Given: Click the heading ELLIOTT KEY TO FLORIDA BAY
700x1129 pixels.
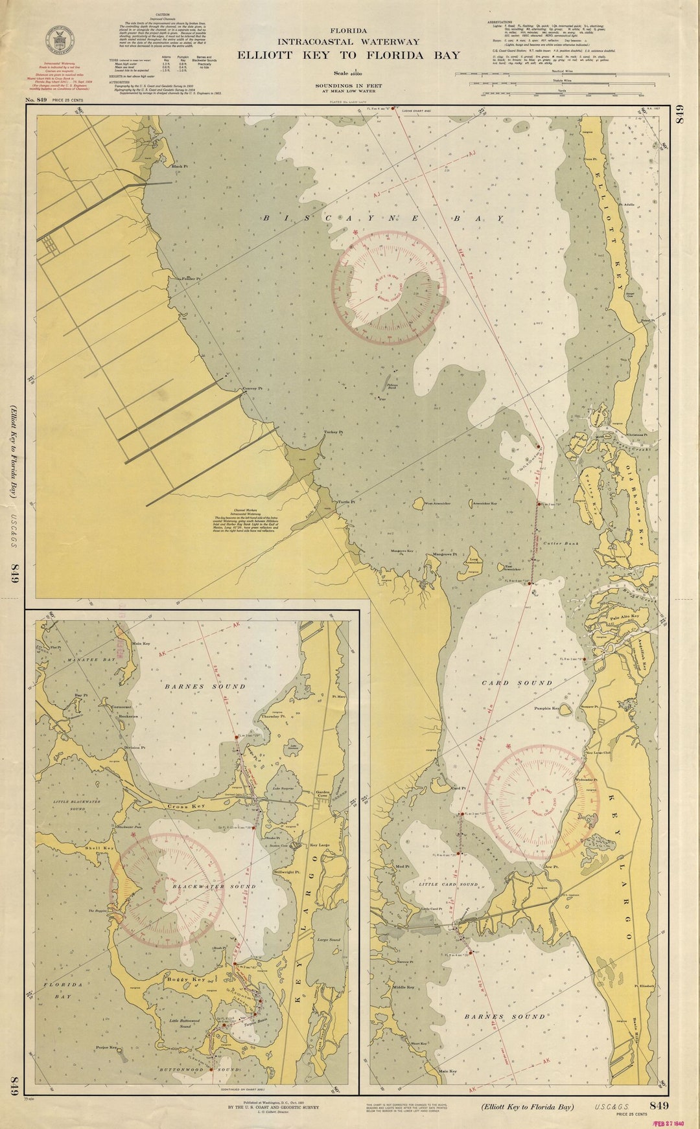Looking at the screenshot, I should point(349,55).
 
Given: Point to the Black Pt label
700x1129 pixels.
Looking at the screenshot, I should point(179,166).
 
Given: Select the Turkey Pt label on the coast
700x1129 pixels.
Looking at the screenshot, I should point(333,431).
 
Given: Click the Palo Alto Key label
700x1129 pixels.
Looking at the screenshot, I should point(624,618).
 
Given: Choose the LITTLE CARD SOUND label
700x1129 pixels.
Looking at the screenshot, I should point(448,884).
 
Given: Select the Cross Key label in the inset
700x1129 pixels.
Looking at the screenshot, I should point(185,806).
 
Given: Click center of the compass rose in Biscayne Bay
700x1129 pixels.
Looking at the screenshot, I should point(389,286).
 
